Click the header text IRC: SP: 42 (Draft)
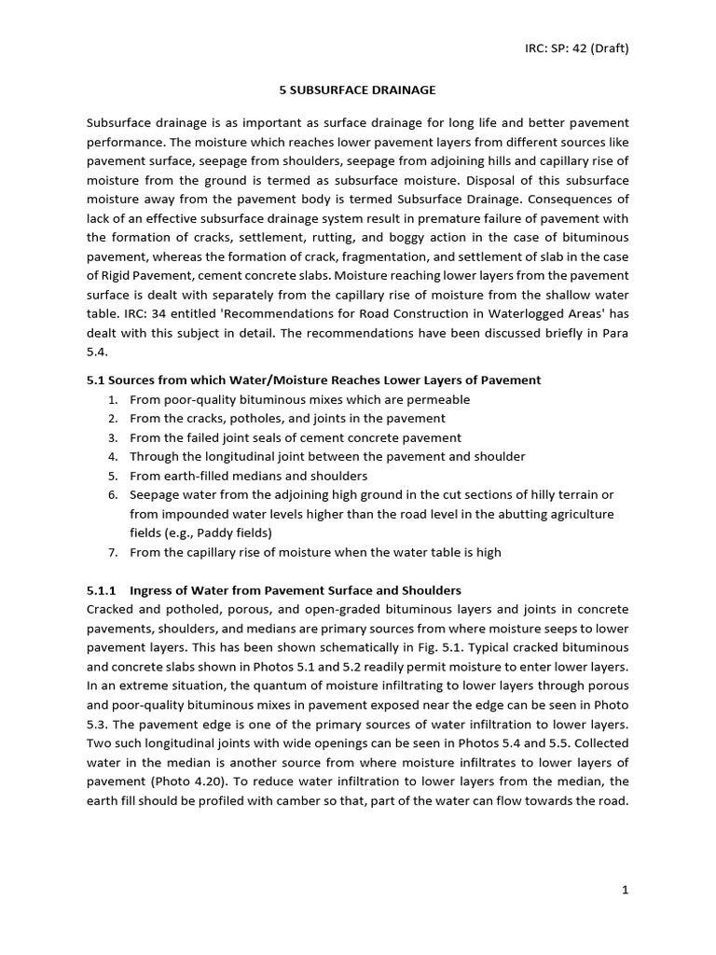click(x=575, y=48)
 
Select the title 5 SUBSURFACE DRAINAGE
click(x=358, y=90)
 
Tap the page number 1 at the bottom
click(x=626, y=890)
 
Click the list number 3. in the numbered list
click(x=112, y=437)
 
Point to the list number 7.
click(x=112, y=552)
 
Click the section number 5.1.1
click(x=102, y=590)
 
